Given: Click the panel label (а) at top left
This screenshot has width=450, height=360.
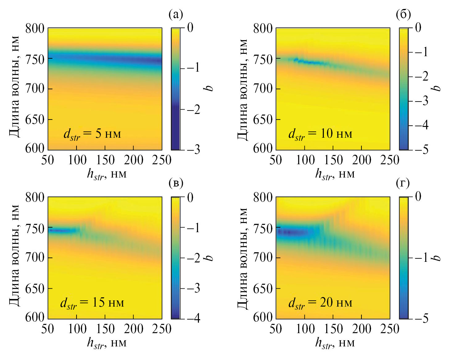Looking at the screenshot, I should click(x=176, y=14).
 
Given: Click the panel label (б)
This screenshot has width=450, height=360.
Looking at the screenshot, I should click(x=403, y=14).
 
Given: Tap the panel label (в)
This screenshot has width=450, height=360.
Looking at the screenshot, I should click(x=176, y=183).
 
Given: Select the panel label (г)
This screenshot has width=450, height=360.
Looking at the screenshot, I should click(x=403, y=183).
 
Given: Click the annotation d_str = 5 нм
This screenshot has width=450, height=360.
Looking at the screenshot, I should click(x=92, y=134).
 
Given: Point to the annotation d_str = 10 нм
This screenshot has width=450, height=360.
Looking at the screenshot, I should click(x=320, y=134).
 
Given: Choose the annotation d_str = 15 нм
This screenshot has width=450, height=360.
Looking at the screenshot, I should click(x=92, y=303).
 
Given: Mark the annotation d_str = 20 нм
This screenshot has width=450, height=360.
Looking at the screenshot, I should click(x=320, y=303).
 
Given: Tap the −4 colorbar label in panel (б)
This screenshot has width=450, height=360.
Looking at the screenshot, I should click(x=421, y=125).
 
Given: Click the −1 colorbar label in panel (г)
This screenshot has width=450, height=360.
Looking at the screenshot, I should click(x=421, y=257).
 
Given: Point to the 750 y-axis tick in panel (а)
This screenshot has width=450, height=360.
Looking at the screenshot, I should click(x=35, y=59).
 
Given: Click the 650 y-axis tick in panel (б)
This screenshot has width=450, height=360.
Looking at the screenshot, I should click(x=263, y=119).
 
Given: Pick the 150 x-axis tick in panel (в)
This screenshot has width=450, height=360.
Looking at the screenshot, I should click(x=105, y=329).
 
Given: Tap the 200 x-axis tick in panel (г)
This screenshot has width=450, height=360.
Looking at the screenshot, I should click(x=361, y=329).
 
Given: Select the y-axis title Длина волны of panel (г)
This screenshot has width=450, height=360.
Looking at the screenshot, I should click(x=243, y=258).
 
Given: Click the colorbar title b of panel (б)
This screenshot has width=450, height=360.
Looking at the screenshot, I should click(x=437, y=88).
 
